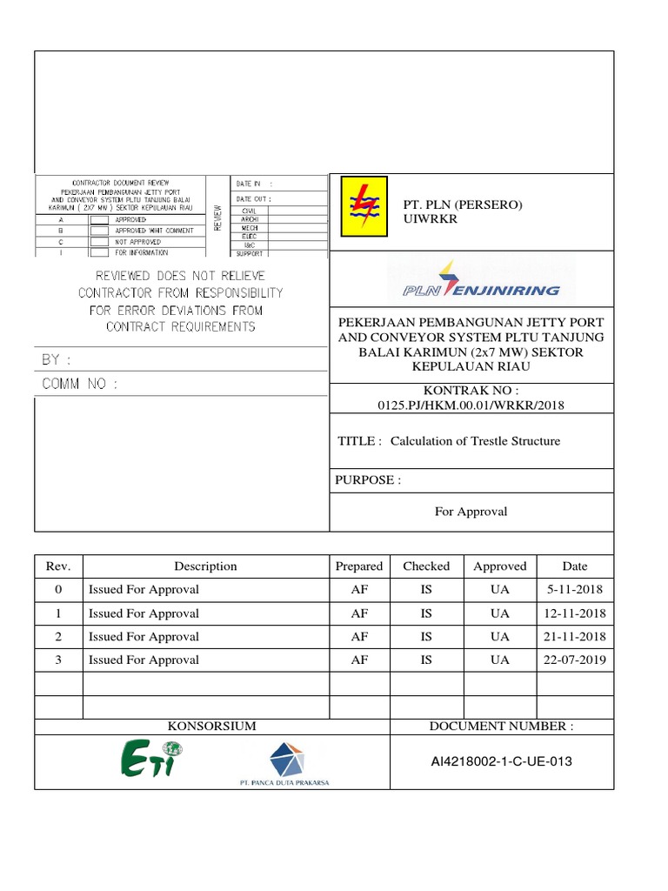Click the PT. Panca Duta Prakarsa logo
tap(285, 763)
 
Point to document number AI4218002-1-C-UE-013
tap(502, 761)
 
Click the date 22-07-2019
tap(575, 660)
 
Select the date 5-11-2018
tap(575, 589)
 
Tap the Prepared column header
tap(358, 566)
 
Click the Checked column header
tap(426, 566)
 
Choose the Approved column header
tap(499, 566)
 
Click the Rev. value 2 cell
tap(58, 636)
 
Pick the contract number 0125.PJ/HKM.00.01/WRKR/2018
tap(471, 405)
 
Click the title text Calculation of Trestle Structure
tap(475, 441)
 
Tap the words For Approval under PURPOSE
tap(471, 512)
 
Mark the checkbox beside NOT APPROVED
tap(99, 242)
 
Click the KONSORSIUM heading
tap(211, 726)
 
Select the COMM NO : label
tap(79, 383)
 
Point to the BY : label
tap(57, 359)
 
